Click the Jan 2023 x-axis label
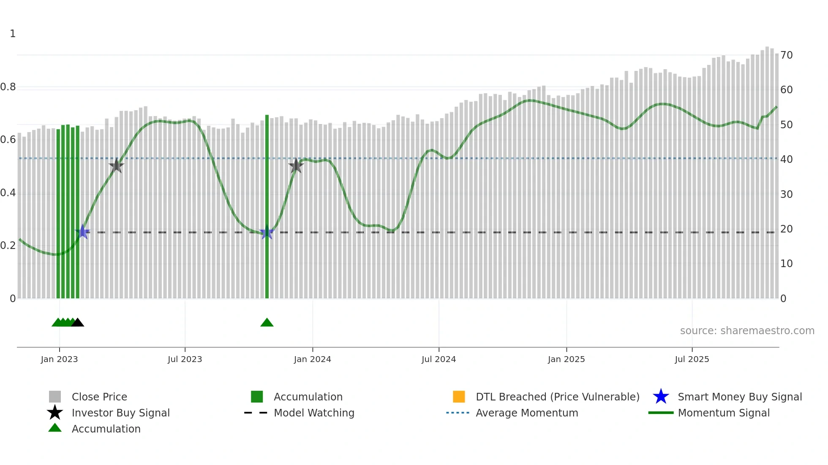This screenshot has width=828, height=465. (59, 360)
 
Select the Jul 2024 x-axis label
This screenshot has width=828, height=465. (439, 360)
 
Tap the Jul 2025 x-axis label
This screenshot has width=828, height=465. (692, 360)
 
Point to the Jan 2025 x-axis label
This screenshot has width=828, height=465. (566, 360)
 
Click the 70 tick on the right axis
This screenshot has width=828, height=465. (786, 55)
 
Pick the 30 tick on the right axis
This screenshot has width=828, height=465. (786, 195)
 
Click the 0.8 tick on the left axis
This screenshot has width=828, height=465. (8, 87)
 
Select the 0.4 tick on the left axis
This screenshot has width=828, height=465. (8, 193)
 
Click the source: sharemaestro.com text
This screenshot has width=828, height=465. (747, 331)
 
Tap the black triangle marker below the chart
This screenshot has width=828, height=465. (78, 323)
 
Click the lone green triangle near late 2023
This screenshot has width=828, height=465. (267, 323)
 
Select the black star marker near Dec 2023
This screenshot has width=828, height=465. (296, 166)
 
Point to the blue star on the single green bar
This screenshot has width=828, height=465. (267, 232)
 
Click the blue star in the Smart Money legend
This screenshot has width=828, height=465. (661, 397)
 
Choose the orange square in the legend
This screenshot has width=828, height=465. (459, 397)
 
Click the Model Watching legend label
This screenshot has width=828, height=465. (314, 413)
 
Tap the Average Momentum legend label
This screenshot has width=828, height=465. (527, 413)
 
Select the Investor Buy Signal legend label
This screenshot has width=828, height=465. (120, 413)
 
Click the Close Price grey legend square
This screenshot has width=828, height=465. (55, 397)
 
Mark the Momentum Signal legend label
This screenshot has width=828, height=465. (724, 413)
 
